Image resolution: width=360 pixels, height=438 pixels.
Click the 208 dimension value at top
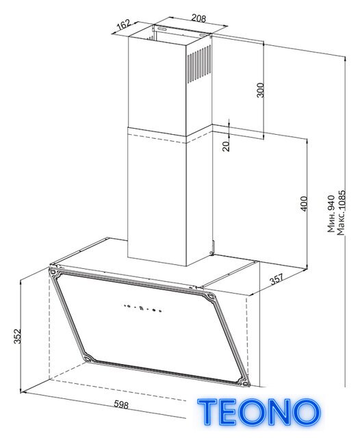[198, 18]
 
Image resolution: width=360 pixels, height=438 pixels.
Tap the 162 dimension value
[124, 25]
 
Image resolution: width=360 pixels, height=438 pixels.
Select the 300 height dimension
[260, 90]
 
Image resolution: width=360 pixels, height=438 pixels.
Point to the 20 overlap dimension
[226, 146]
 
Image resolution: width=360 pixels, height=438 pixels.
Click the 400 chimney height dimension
[304, 204]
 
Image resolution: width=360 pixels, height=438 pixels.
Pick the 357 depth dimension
[277, 279]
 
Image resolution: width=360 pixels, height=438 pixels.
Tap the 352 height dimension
[17, 336]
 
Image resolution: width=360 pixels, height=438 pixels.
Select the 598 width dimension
[121, 404]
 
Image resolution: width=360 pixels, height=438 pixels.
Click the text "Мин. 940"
[331, 214]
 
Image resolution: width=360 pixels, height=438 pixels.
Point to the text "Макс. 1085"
[341, 213]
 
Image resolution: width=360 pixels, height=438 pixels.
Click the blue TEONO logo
[258, 412]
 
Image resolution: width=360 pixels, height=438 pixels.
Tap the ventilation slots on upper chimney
[199, 64]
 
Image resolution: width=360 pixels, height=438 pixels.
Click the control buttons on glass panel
[142, 308]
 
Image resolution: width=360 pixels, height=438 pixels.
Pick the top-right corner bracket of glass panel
[209, 296]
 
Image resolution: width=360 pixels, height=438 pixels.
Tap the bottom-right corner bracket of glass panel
[244, 382]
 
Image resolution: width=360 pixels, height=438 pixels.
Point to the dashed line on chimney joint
[157, 139]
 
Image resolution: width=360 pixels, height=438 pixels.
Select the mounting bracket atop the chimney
[181, 31]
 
